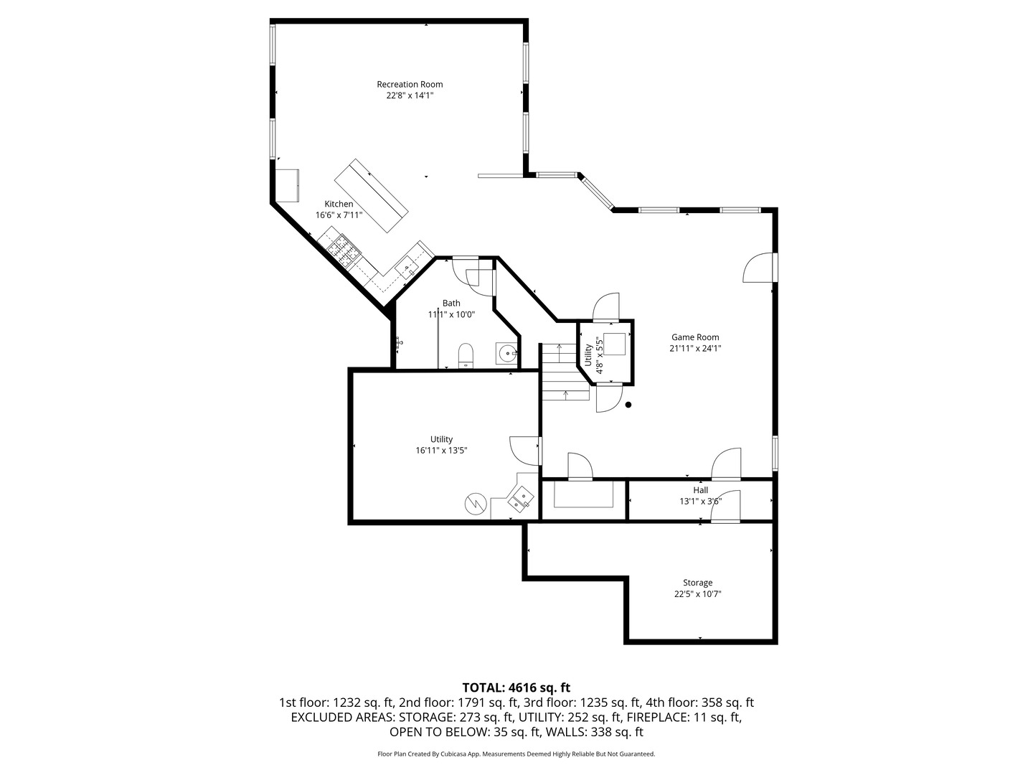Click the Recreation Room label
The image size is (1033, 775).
(410, 85)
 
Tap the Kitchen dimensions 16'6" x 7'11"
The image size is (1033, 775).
(339, 215)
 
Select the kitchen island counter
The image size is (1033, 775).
(371, 196)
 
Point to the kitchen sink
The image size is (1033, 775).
(407, 268)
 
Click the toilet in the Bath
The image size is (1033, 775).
(466, 355)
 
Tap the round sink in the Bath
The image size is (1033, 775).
(507, 353)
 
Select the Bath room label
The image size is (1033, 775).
(451, 304)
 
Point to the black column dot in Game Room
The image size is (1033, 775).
(628, 405)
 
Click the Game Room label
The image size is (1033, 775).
(694, 337)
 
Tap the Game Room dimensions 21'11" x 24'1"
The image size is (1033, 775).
(694, 349)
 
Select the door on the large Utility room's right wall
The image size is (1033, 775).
(525, 450)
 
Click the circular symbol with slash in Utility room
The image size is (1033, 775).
(475, 504)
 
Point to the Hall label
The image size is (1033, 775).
(700, 490)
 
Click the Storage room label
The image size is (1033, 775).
(697, 583)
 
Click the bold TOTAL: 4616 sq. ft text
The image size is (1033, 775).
(516, 687)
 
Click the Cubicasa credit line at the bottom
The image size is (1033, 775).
(516, 754)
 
